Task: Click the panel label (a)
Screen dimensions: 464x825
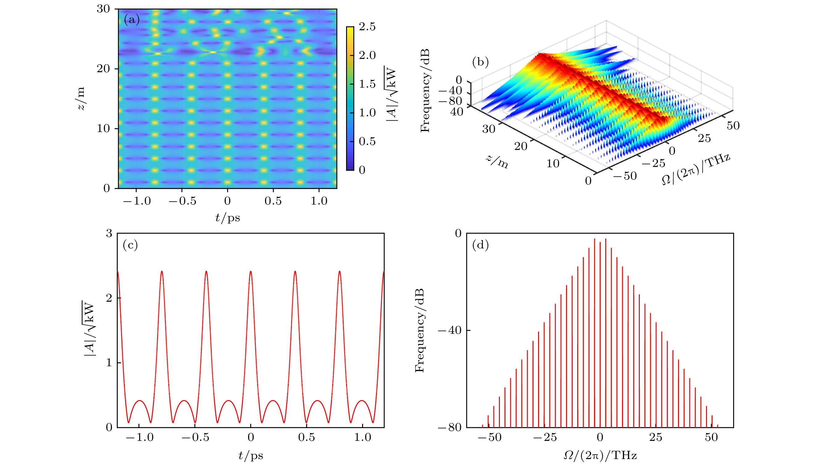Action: [132, 20]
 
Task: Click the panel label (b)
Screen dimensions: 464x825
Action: [480, 62]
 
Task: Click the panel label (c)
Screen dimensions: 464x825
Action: [130, 245]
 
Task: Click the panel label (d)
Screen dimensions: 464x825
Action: [480, 245]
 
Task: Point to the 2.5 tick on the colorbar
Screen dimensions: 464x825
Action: [367, 27]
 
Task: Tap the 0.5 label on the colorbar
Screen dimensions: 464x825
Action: [367, 141]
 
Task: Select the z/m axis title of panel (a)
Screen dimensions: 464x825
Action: [81, 98]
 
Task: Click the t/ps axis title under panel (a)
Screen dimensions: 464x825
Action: [227, 218]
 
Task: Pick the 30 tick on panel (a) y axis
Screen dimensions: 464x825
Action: [104, 9]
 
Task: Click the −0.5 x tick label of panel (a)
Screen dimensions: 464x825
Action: [182, 201]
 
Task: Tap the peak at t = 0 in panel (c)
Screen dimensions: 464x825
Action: [251, 271]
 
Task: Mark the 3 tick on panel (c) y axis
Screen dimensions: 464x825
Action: [109, 234]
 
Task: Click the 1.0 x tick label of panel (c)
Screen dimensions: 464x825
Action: [362, 437]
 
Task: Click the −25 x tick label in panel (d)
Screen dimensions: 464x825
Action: [545, 437]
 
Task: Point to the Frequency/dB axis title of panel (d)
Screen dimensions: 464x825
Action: [419, 330]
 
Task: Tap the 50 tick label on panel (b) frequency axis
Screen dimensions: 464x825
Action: [733, 126]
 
